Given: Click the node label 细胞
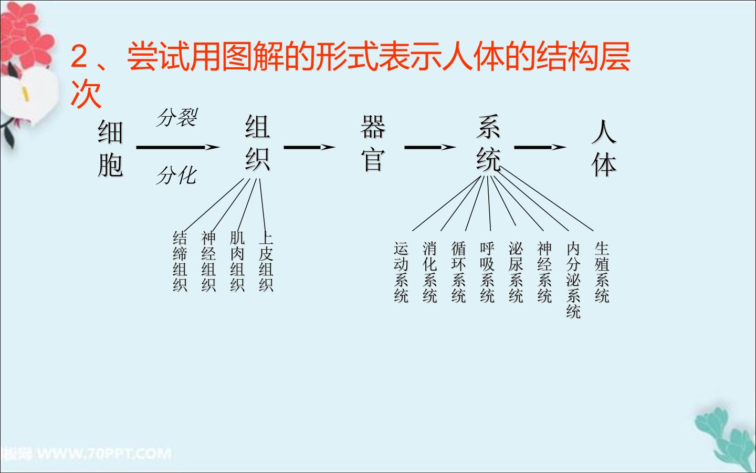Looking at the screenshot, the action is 110,149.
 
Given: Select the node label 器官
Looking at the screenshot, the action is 373,143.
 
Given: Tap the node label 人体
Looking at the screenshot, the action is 604,149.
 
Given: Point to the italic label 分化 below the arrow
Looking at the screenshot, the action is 176,176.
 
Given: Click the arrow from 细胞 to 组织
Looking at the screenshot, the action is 178,147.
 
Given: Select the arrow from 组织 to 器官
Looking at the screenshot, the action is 309,147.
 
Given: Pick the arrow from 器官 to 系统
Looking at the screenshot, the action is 430,147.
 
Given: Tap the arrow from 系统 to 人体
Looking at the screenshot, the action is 540,147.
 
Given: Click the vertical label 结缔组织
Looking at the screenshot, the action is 180,262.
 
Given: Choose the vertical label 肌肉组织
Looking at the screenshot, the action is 237,262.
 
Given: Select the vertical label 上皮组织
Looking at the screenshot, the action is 266,262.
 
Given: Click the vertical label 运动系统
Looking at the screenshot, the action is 401,272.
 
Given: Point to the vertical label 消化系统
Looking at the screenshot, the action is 429,272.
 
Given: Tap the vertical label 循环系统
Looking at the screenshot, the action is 458,272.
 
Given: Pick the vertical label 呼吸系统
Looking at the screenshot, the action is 487,272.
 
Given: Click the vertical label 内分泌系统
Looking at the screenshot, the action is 573,280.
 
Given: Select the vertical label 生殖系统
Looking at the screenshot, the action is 602,272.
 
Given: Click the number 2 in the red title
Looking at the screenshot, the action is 79,56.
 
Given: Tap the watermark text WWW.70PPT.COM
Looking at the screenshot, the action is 104,454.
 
